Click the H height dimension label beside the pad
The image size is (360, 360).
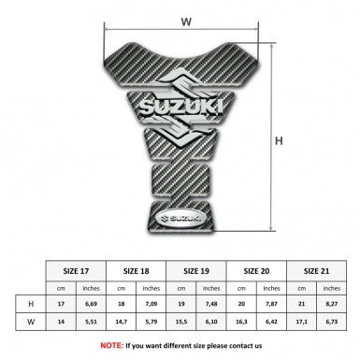[x=278, y=140]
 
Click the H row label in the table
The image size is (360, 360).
[x=31, y=304]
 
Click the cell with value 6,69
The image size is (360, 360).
[x=91, y=304]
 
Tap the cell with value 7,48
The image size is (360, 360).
[x=212, y=304]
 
